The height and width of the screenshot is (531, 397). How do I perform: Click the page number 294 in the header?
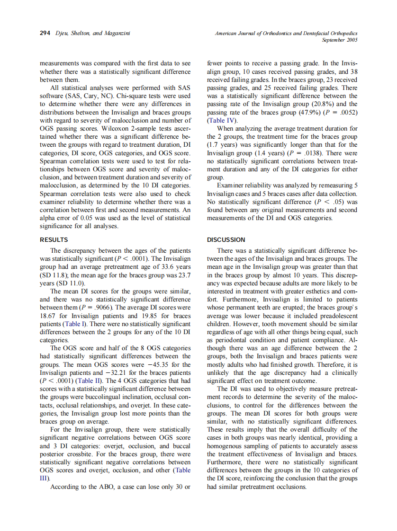tap(45, 33)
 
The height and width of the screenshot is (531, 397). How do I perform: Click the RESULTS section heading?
tap(54, 240)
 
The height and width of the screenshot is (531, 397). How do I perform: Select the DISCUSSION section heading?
tap(226, 240)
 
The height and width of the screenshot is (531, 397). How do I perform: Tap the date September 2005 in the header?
tap(339, 40)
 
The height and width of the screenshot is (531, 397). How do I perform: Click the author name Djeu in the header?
tap(61, 33)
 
